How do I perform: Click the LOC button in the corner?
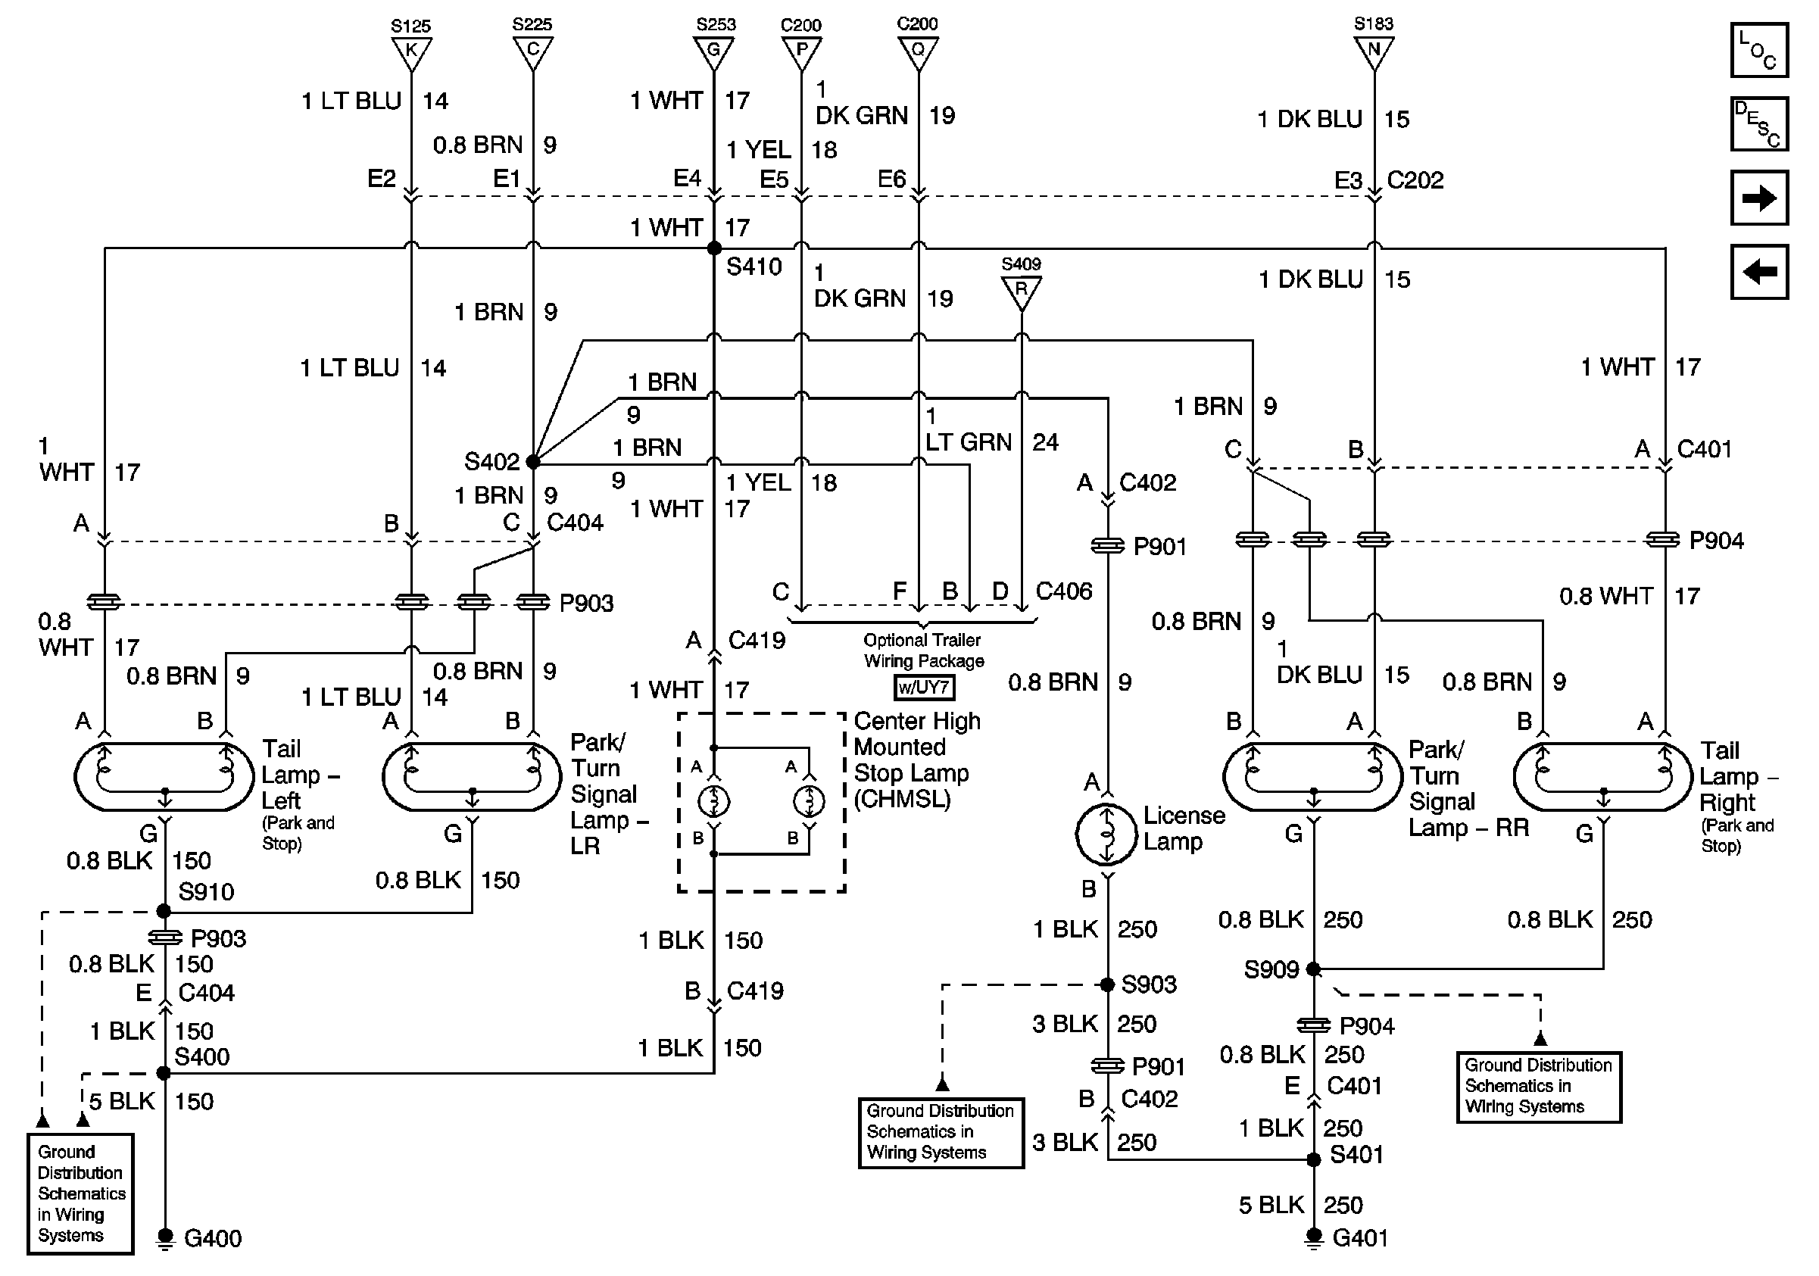1758,51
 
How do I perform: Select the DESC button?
1758,123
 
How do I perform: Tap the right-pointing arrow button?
1758,197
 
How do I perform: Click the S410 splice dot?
714,248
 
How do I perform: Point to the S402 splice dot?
533,461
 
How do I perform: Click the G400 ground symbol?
165,1237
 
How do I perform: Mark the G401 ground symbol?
1314,1237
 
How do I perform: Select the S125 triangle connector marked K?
411,52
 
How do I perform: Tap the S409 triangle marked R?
1022,291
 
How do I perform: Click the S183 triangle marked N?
1374,51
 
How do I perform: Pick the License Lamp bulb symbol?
1106,834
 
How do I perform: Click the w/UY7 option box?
924,688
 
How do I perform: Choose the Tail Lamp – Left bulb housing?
164,777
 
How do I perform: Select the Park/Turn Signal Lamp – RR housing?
1314,777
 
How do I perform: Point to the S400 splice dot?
164,1073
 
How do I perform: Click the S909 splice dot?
1314,969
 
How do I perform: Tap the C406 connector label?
1064,591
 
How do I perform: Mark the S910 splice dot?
164,912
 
